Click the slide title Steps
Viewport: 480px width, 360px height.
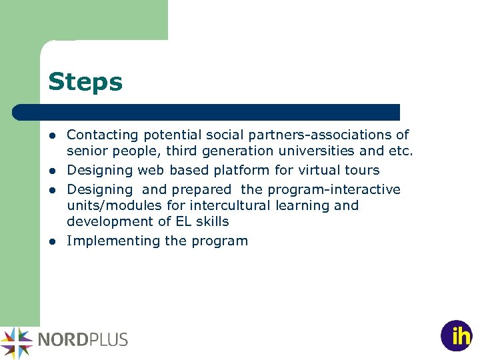(x=85, y=83)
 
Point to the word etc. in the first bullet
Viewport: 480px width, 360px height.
(x=401, y=151)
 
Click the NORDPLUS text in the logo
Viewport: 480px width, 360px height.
(x=83, y=339)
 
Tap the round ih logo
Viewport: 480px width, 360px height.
(x=456, y=336)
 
